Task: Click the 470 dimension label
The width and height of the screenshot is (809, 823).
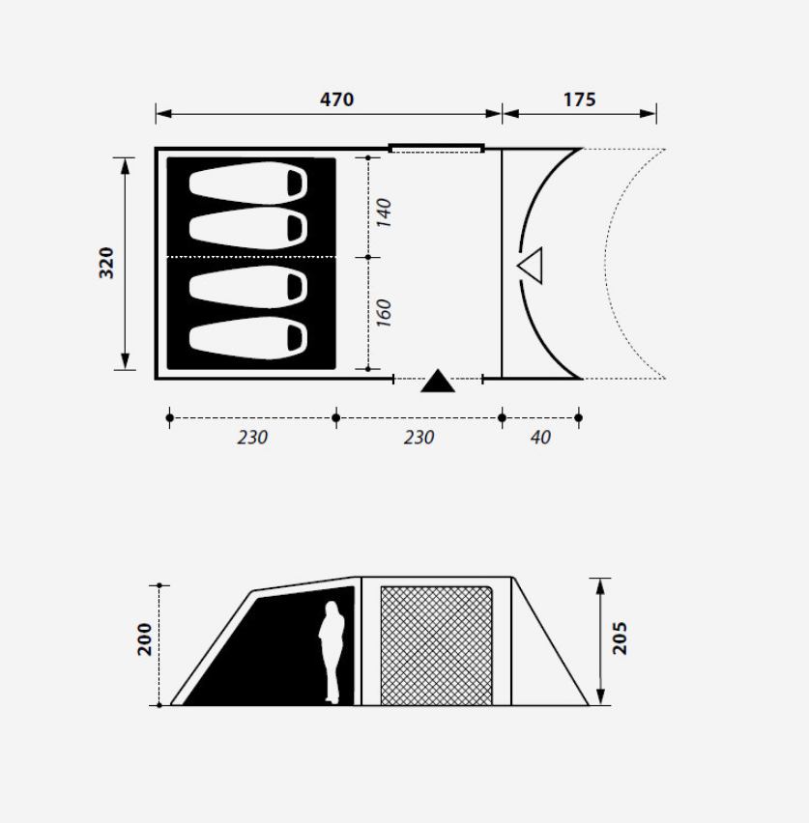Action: tap(336, 99)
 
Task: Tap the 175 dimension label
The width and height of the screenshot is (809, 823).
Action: tap(579, 99)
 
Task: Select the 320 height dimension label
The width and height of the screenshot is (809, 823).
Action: tap(106, 263)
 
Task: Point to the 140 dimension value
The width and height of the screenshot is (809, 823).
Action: tap(384, 213)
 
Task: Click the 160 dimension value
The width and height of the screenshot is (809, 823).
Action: tap(384, 313)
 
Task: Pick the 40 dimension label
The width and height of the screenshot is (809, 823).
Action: tap(540, 438)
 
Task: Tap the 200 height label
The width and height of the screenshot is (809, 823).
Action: tap(144, 639)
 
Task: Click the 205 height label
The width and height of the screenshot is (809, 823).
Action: tap(620, 638)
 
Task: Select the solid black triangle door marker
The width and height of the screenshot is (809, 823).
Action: tap(438, 381)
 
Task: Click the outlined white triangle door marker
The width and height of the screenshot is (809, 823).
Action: tap(532, 265)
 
